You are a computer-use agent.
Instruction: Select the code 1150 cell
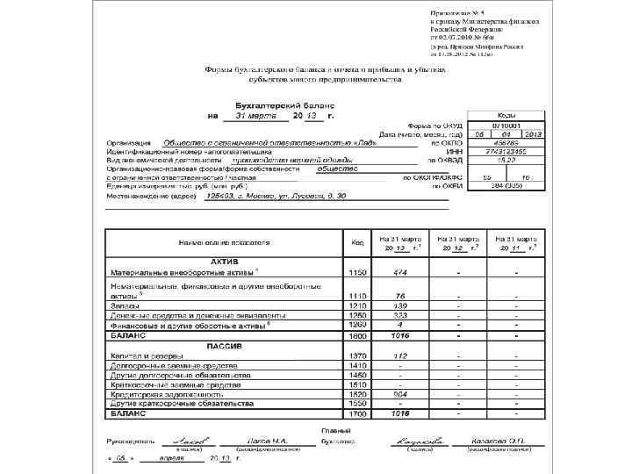point(357,272)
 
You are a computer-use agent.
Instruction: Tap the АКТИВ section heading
point(225,262)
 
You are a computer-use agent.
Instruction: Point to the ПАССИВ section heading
point(225,345)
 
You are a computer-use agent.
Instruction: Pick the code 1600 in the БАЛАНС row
point(357,335)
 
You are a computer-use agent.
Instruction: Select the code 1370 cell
point(357,355)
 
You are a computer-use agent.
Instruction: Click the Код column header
point(357,241)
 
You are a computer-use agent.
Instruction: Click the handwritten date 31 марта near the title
point(256,116)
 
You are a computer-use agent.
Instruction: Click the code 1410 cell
point(357,365)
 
